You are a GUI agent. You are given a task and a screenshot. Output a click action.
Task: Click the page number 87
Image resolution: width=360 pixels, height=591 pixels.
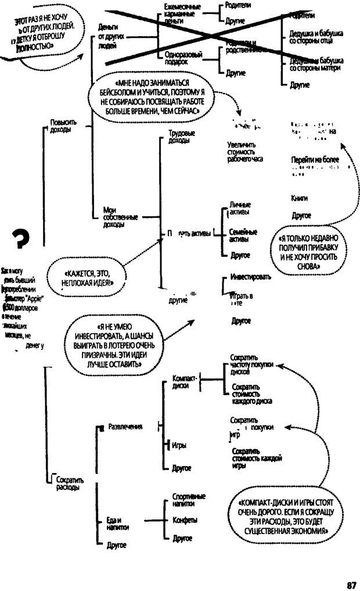pos(351,585)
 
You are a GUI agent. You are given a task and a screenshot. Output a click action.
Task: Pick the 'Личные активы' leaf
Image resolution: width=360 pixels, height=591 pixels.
pos(240,209)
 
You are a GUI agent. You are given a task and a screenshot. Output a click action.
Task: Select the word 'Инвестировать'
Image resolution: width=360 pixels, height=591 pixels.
pos(250,277)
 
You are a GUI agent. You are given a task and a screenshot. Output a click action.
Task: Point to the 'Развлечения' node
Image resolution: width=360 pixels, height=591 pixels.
pos(125,427)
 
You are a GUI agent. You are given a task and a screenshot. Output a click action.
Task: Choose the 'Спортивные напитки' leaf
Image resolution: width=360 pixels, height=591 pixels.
pos(189,500)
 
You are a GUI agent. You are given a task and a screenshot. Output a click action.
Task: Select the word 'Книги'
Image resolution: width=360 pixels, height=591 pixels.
pos(299,198)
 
